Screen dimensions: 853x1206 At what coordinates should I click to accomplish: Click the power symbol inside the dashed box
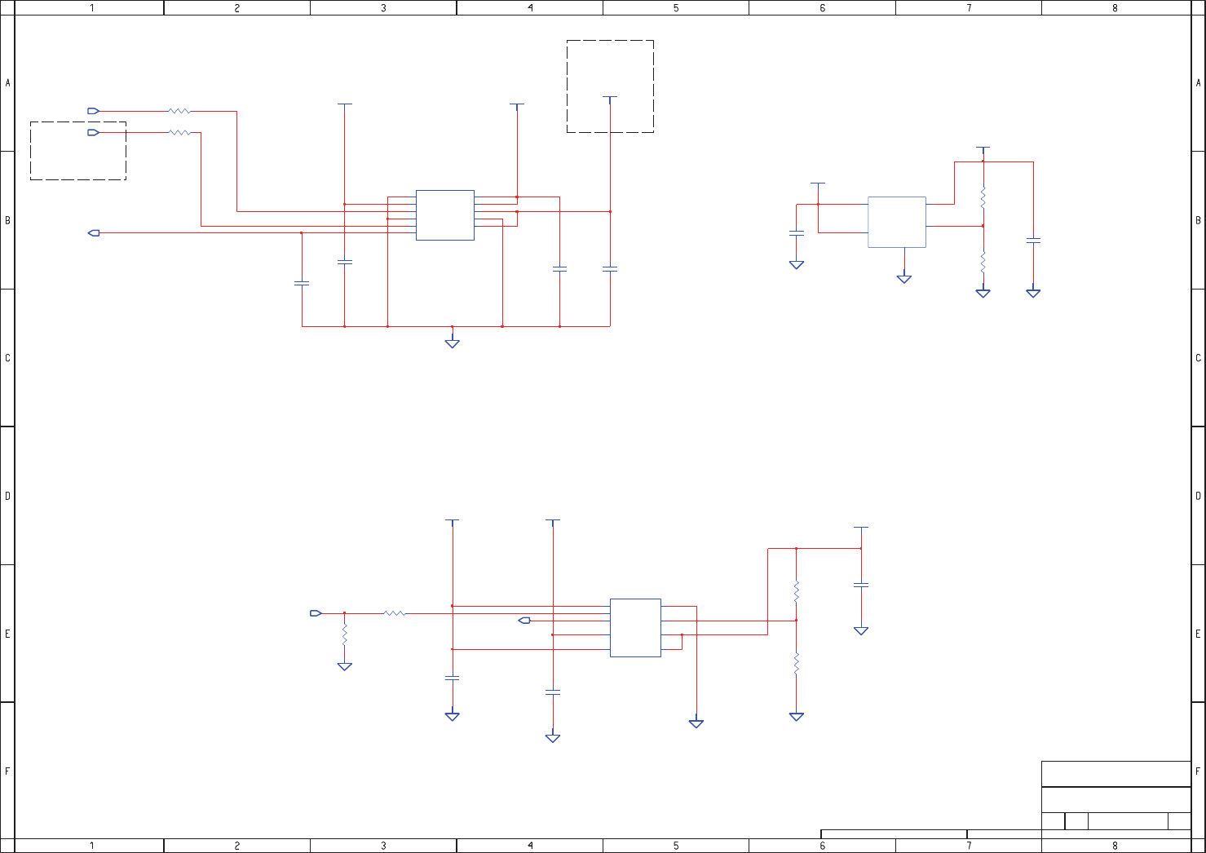pos(610,98)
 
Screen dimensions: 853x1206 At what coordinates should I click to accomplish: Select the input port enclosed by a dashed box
pos(93,132)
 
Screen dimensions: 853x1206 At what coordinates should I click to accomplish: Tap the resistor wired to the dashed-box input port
pos(179,132)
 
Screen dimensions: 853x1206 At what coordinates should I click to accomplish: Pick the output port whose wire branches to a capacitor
pos(94,233)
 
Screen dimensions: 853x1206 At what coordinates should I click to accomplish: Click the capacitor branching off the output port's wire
pos(302,283)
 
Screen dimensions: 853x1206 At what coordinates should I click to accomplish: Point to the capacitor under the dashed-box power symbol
pos(610,268)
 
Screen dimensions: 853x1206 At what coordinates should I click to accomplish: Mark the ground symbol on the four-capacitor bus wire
pos(453,343)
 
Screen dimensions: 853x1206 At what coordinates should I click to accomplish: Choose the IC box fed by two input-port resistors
pos(445,215)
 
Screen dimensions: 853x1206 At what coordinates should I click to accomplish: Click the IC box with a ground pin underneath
pos(897,222)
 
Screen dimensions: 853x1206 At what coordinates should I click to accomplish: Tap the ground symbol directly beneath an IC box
pos(904,279)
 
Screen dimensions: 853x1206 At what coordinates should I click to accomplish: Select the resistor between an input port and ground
pos(345,634)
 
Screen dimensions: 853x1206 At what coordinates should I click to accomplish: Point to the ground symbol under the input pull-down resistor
pos(345,666)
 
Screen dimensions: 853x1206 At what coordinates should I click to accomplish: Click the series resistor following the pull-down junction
pos(394,613)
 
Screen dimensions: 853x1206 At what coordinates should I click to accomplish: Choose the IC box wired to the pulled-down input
pos(635,628)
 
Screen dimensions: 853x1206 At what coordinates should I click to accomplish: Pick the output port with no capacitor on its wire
pos(524,621)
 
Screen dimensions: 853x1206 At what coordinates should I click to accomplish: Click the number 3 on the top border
pos(383,8)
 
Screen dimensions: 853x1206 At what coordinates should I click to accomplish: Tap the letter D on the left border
pos(7,496)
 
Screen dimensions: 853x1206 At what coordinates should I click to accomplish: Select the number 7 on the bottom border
pos(969,846)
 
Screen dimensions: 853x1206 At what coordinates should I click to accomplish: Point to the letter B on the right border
pos(1198,220)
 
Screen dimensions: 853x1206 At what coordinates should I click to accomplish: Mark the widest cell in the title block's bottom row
pos(1128,821)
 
